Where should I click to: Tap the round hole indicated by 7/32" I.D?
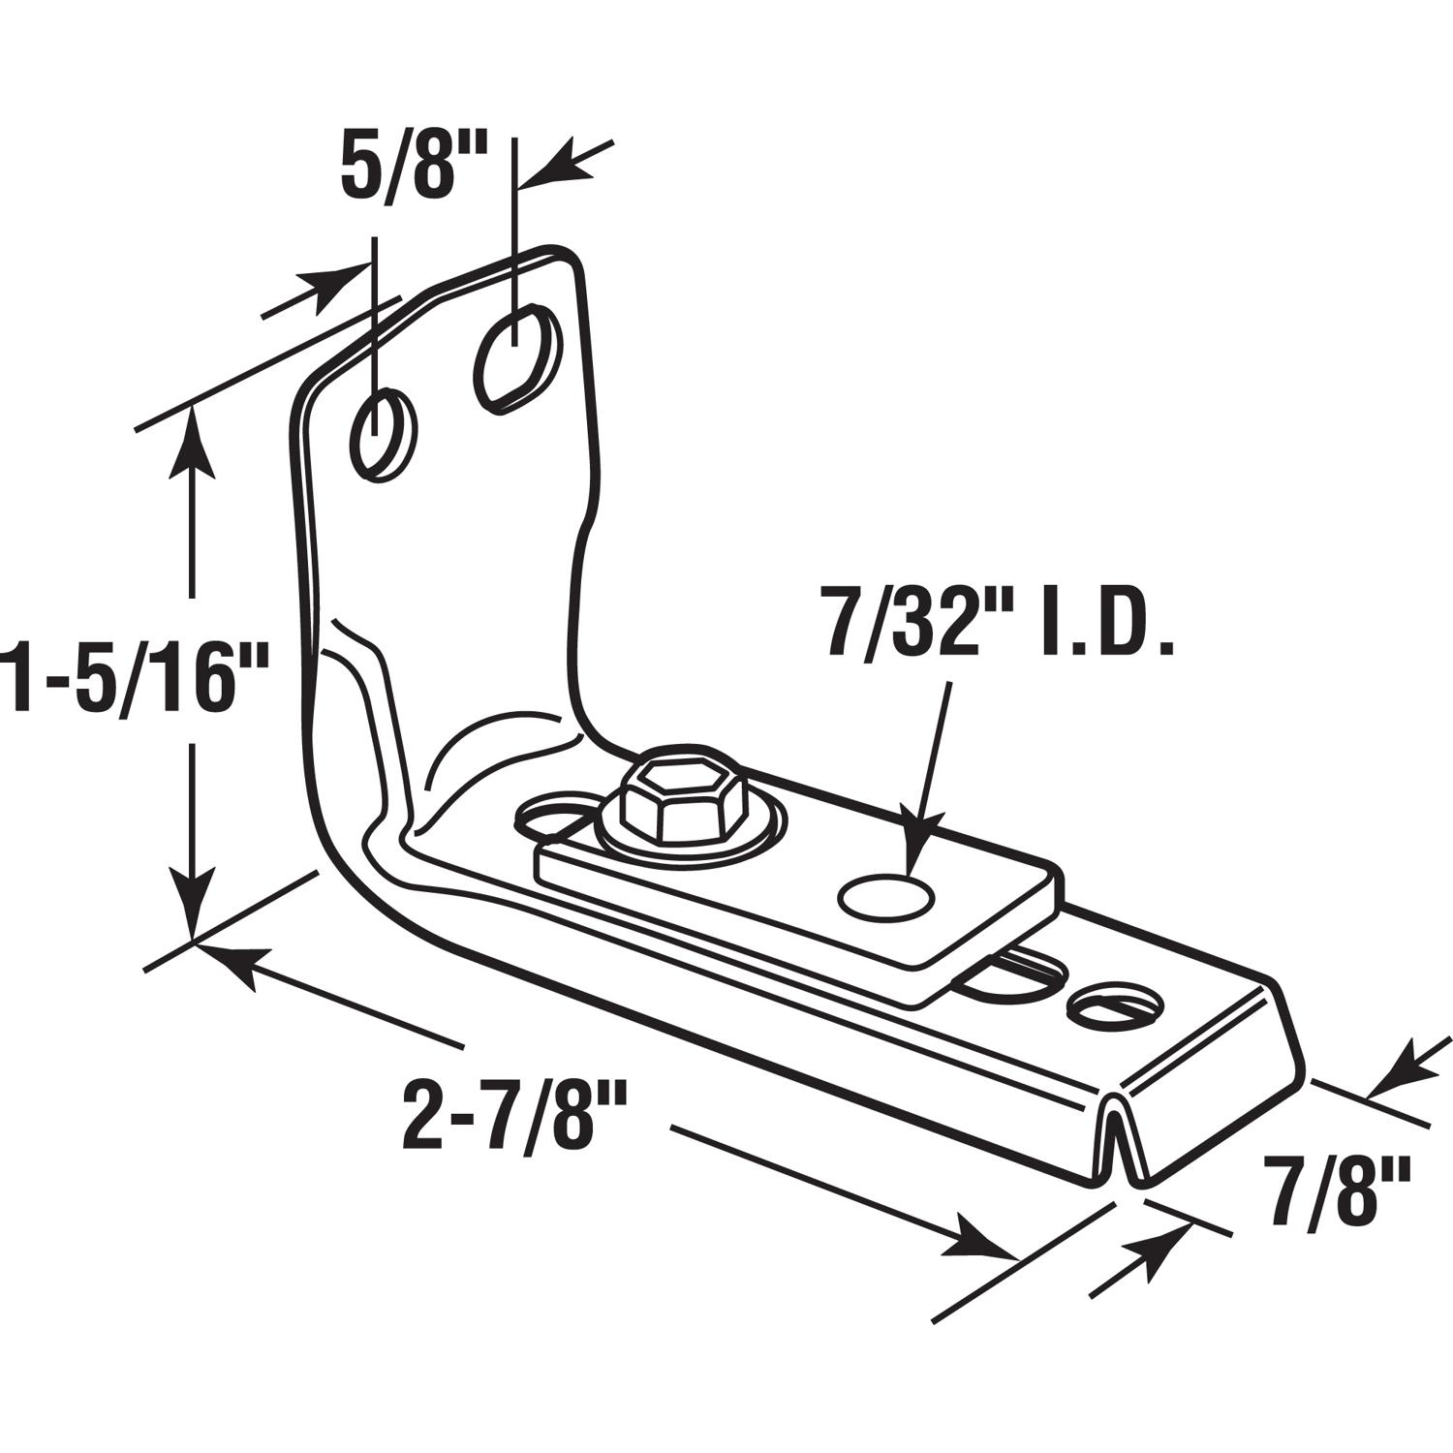886,896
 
